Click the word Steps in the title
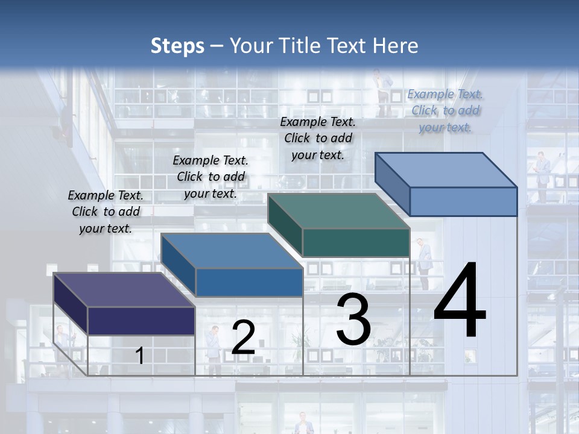(177, 46)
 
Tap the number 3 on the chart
(353, 319)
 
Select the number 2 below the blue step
(243, 338)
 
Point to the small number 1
(139, 356)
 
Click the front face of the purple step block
(141, 321)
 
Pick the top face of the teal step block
(338, 211)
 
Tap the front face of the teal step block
(356, 242)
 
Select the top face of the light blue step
(446, 170)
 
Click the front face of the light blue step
(463, 201)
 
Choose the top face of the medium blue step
(232, 251)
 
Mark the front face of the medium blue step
(249, 282)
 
